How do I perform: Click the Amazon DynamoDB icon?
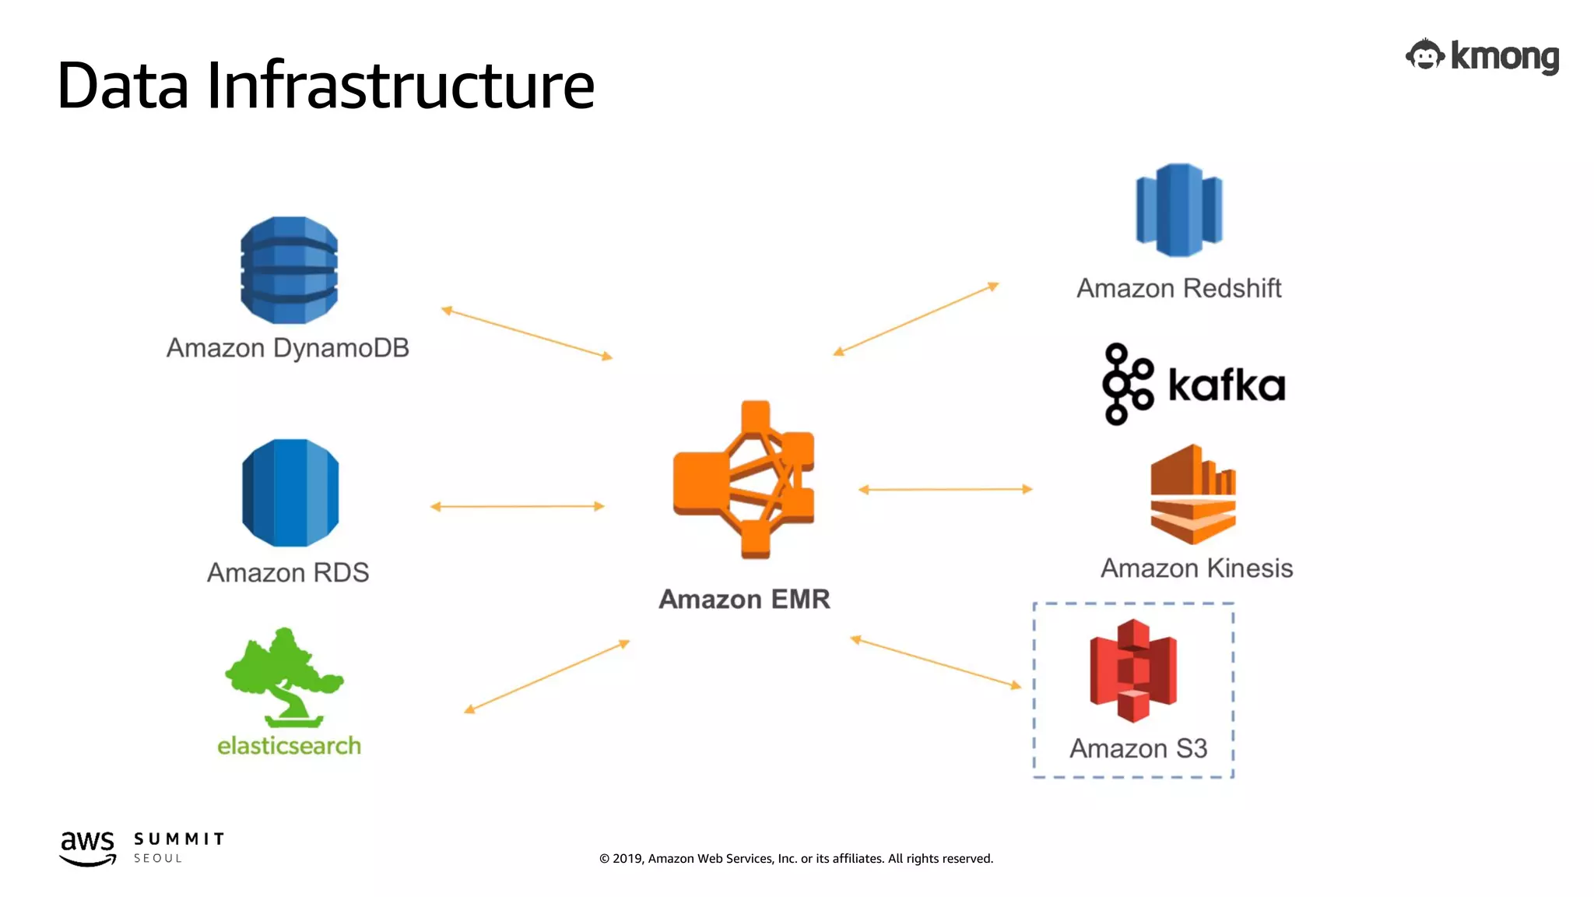[289, 270]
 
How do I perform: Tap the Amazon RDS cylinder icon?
[290, 492]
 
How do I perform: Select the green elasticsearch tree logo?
[285, 677]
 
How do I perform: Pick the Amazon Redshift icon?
[1178, 210]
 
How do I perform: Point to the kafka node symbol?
[1126, 384]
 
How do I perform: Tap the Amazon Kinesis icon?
[1192, 494]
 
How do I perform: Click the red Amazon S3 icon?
[1133, 670]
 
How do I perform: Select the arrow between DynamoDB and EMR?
[527, 333]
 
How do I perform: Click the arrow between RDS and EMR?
[518, 506]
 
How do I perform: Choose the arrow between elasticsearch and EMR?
[546, 677]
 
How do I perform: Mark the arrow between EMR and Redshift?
[915, 319]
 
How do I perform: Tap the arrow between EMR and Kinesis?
[945, 490]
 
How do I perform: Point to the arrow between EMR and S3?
[935, 663]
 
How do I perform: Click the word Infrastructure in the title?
[400, 85]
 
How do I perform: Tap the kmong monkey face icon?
[1424, 56]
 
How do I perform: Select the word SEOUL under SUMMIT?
[158, 858]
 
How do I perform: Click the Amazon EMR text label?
[744, 600]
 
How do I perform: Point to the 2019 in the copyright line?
[627, 859]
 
